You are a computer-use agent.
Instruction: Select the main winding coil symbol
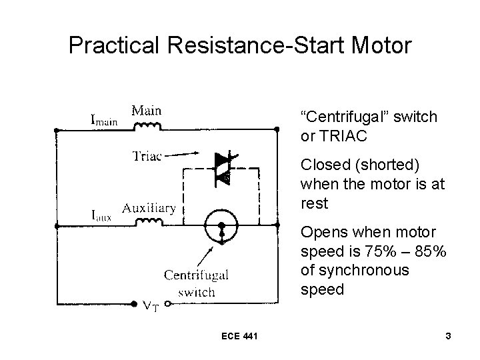click(147, 125)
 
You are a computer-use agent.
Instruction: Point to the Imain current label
click(103, 120)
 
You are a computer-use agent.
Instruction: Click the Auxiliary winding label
click(149, 207)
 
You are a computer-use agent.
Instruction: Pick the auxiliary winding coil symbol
click(149, 221)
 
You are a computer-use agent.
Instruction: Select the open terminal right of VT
click(168, 305)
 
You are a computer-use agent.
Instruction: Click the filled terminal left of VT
click(134, 305)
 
